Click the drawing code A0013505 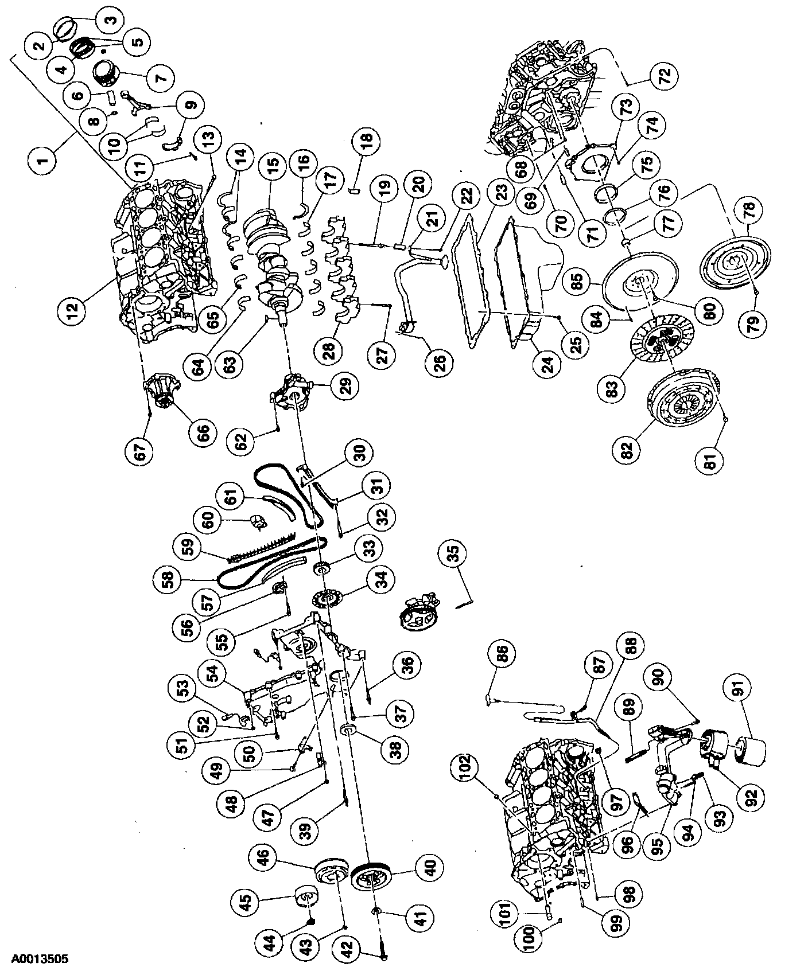click(x=36, y=957)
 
